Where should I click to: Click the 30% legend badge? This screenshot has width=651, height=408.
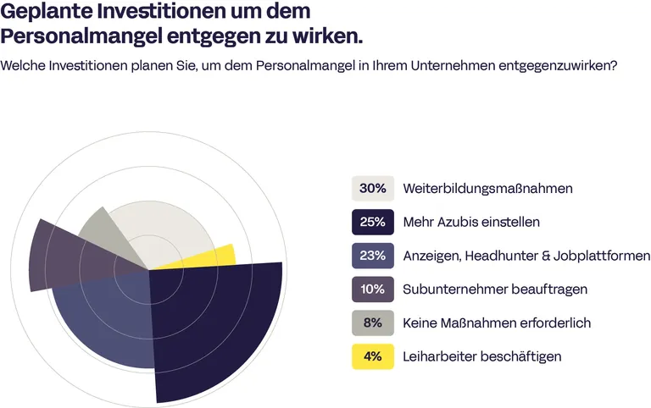click(x=372, y=188)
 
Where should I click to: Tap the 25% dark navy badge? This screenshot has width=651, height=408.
click(x=372, y=222)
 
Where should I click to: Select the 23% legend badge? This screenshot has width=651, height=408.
click(x=372, y=256)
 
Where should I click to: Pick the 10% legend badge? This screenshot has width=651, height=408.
click(x=372, y=289)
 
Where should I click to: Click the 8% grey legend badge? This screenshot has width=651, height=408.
click(x=372, y=323)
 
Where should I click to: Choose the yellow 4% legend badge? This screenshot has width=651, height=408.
click(x=372, y=357)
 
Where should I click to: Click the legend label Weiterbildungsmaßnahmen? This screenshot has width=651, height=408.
click(x=487, y=188)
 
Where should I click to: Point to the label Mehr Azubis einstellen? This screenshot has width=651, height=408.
click(x=471, y=222)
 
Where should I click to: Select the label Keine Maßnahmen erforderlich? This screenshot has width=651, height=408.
click(x=497, y=323)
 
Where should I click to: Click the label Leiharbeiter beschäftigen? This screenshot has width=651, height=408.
click(x=482, y=357)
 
